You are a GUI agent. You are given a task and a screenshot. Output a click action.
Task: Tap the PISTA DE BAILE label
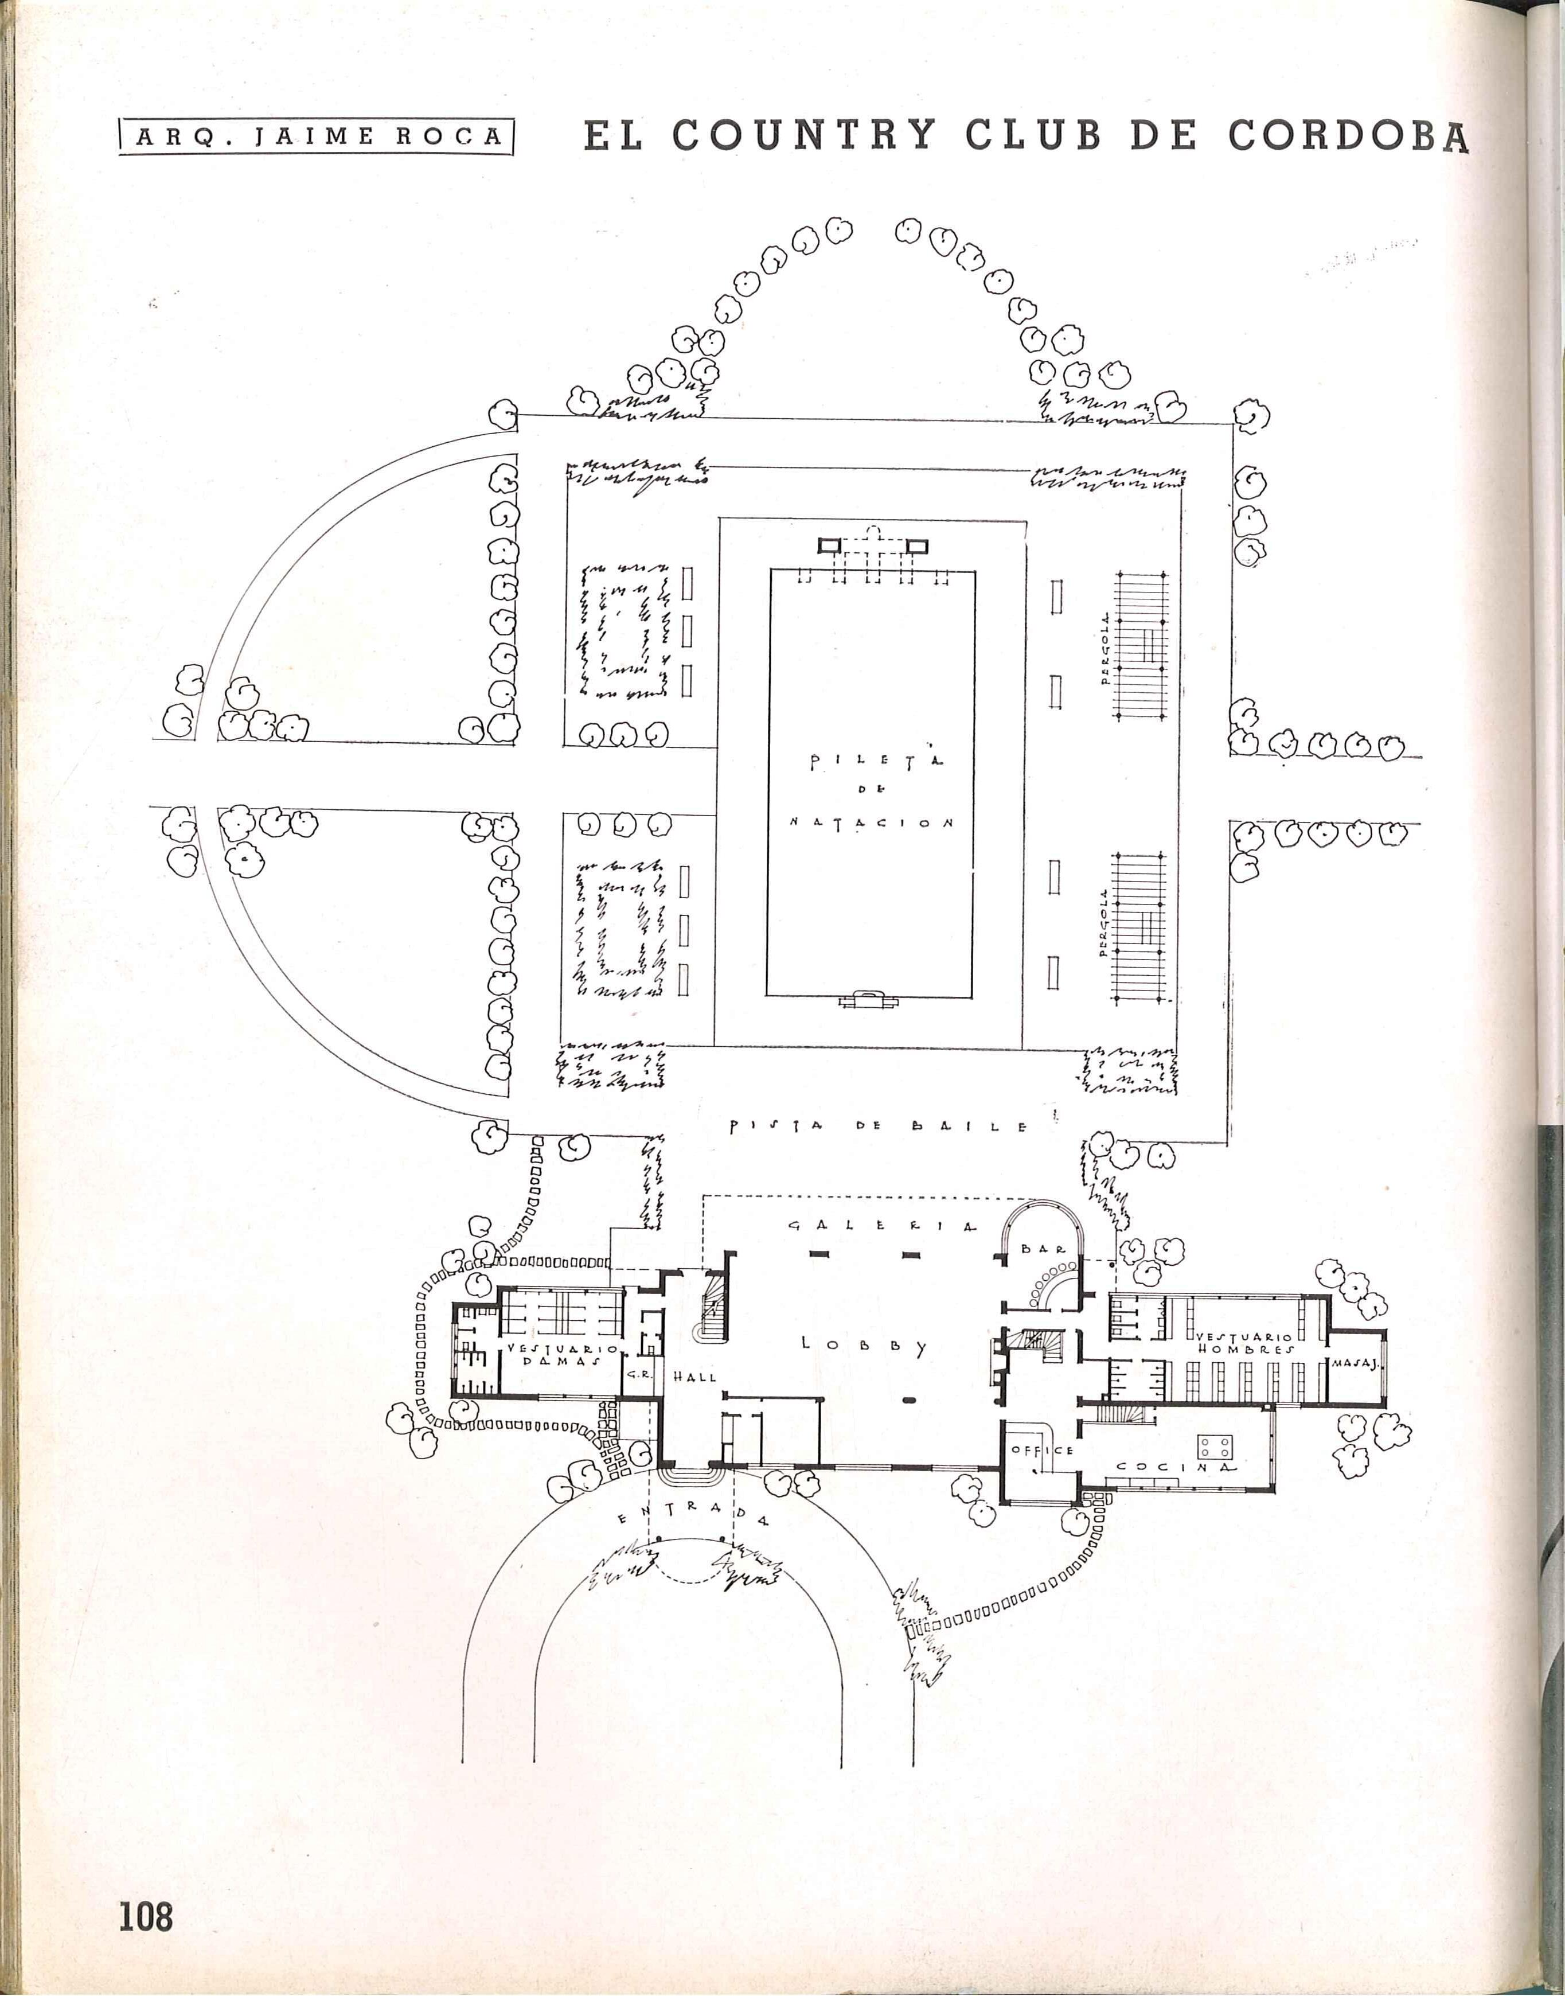pos(878,1126)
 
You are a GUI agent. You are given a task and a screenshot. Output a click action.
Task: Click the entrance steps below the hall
pos(691,1476)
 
